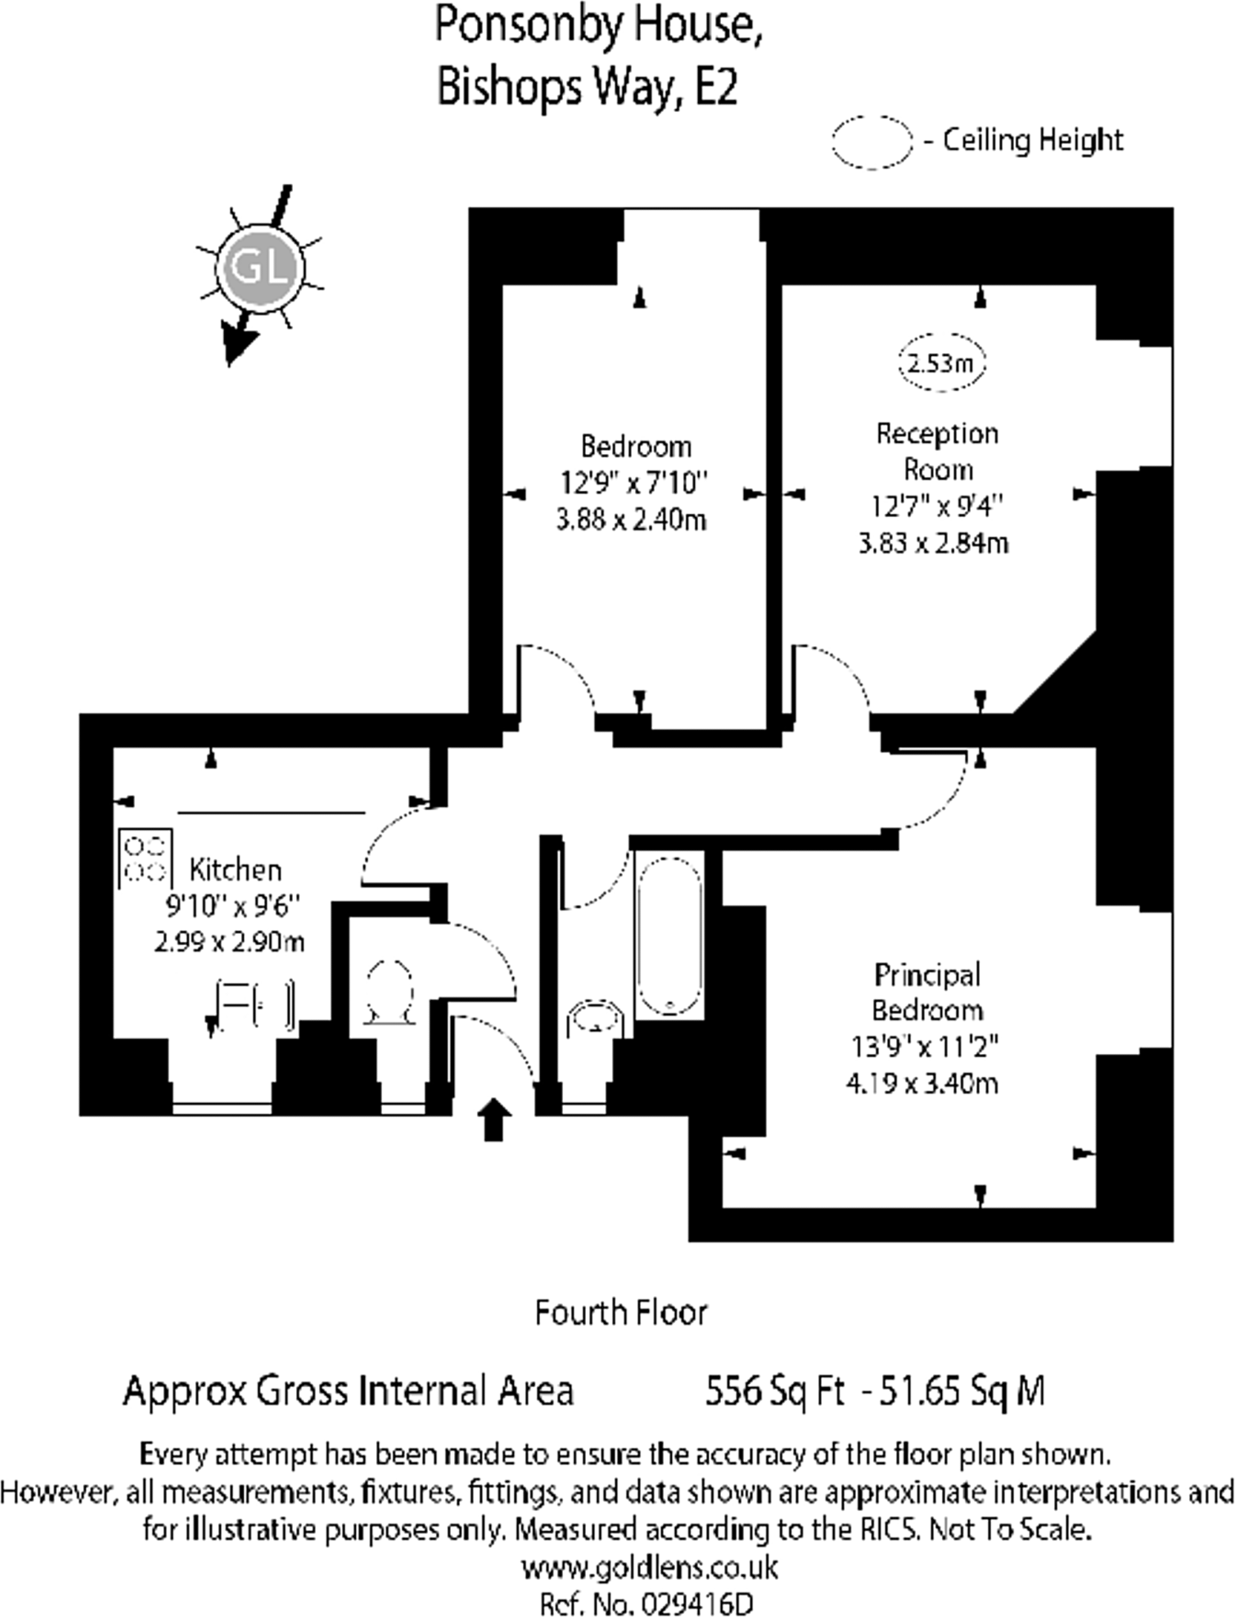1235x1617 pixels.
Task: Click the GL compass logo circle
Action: pyautogui.click(x=260, y=267)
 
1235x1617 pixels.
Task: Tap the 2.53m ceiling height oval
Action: pyautogui.click(x=940, y=362)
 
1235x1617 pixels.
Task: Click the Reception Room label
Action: pyautogui.click(x=937, y=452)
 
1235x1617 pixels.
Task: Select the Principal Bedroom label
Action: pyautogui.click(x=927, y=992)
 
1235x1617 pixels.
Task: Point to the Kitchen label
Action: pyautogui.click(x=235, y=869)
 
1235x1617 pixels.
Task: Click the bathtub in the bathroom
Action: pyautogui.click(x=670, y=936)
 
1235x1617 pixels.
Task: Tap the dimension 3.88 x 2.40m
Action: pyautogui.click(x=631, y=520)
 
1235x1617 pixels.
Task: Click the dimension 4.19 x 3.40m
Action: pyautogui.click(x=922, y=1082)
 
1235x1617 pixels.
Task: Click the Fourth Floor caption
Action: pyautogui.click(x=621, y=1313)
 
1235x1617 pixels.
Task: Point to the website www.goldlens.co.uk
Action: pyautogui.click(x=650, y=1567)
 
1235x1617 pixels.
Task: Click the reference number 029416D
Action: pyautogui.click(x=696, y=1604)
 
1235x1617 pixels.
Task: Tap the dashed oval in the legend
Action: pyautogui.click(x=872, y=142)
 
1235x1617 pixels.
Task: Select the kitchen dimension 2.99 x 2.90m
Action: pyautogui.click(x=229, y=942)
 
